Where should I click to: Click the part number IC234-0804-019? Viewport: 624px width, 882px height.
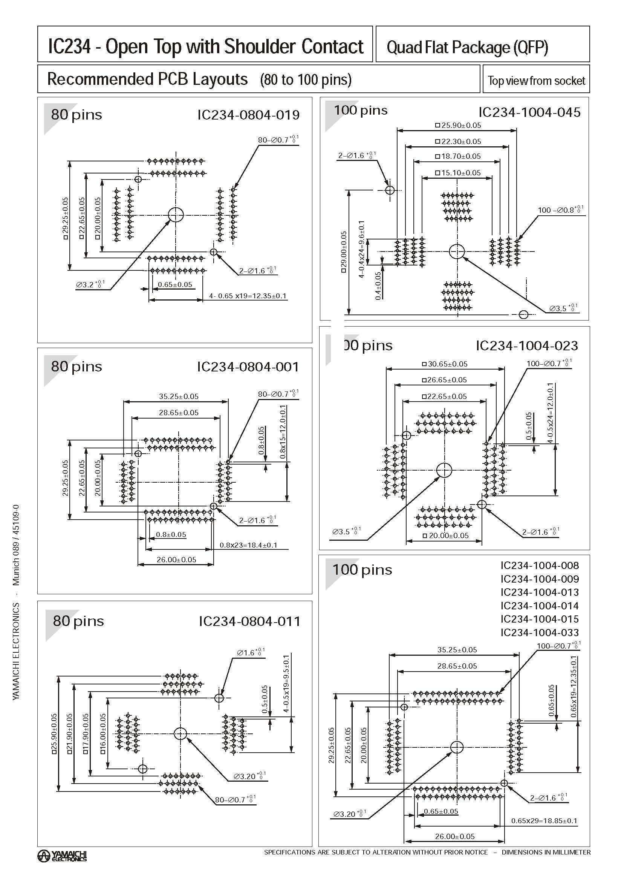pyautogui.click(x=248, y=115)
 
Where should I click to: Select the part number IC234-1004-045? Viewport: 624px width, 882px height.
pyautogui.click(x=529, y=112)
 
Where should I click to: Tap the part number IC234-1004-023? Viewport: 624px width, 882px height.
pyautogui.click(x=526, y=346)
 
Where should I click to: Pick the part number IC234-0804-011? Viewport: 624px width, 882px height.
pyautogui.click(x=249, y=621)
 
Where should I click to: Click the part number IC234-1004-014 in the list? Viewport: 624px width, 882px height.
pyautogui.click(x=540, y=606)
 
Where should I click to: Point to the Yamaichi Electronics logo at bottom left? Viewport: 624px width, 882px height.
pyautogui.click(x=62, y=856)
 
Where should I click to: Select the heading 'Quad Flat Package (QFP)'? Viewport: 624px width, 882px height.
pyautogui.click(x=467, y=47)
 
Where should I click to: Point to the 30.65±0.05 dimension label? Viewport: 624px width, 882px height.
pyautogui.click(x=445, y=364)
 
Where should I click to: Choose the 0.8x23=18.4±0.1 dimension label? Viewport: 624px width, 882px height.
pyautogui.click(x=248, y=545)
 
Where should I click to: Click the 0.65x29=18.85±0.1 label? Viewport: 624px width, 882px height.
pyautogui.click(x=544, y=821)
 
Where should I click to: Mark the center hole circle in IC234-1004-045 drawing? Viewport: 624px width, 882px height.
pyautogui.click(x=457, y=252)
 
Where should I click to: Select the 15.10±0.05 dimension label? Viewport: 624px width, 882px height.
pyautogui.click(x=457, y=173)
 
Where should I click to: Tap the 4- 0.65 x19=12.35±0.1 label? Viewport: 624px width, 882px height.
pyautogui.click(x=248, y=296)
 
